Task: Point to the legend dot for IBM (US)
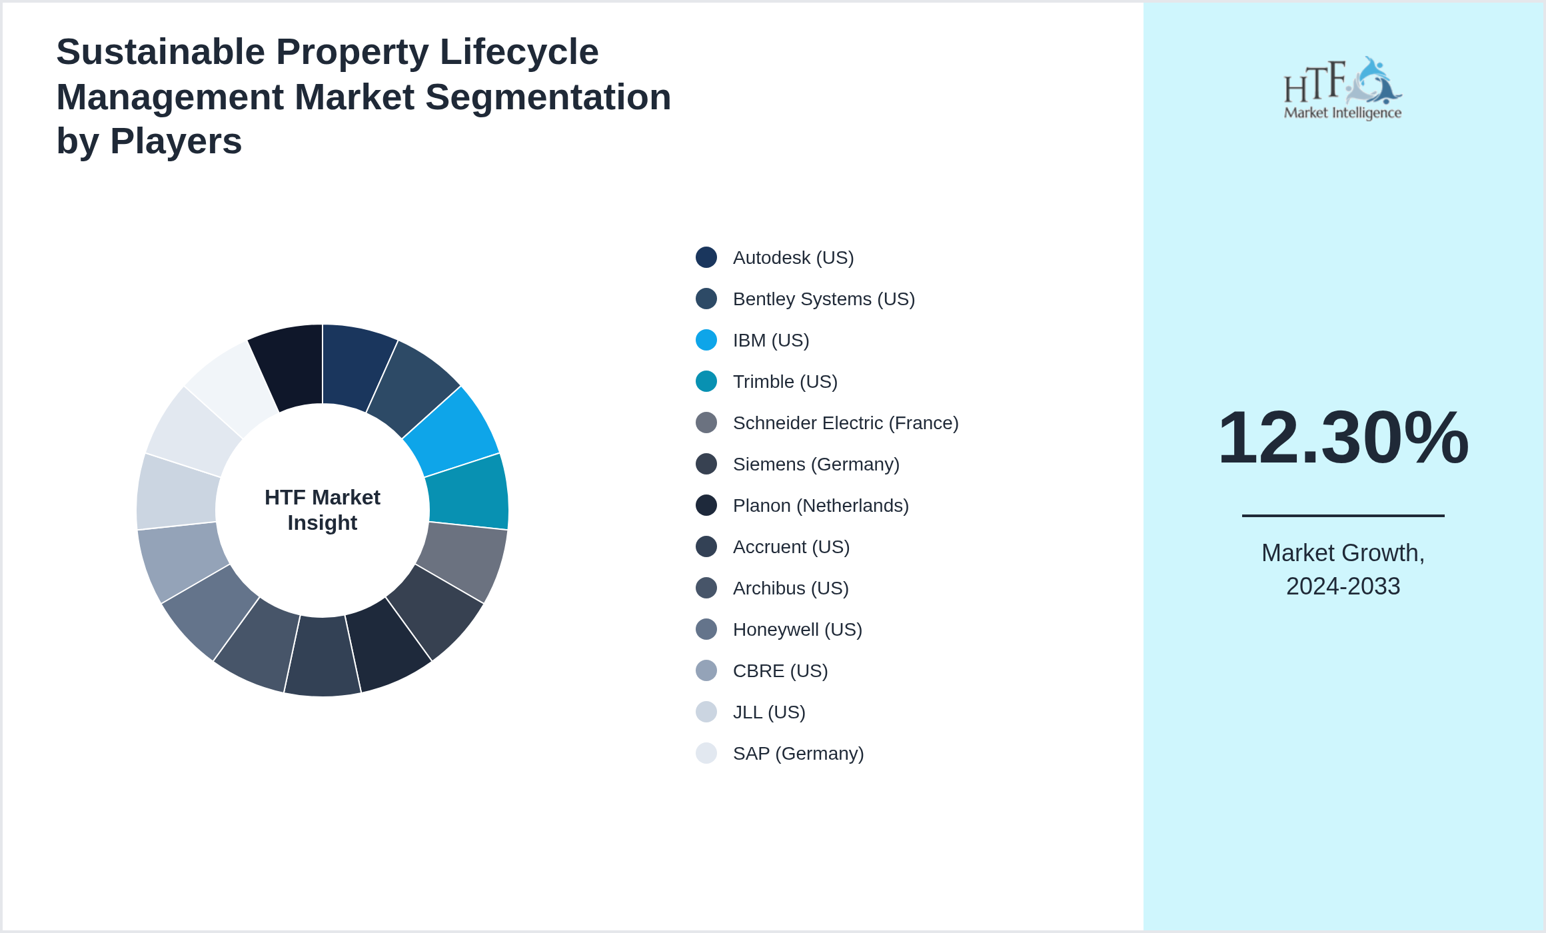pyautogui.click(x=706, y=340)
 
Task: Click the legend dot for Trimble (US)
pyautogui.click(x=706, y=381)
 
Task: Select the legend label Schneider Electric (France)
pyautogui.click(x=845, y=423)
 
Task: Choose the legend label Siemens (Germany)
pyautogui.click(x=816, y=465)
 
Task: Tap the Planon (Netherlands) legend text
pyautogui.click(x=820, y=506)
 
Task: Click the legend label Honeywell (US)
pyautogui.click(x=797, y=630)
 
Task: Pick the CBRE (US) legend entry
pyautogui.click(x=780, y=671)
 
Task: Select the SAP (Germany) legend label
pyautogui.click(x=798, y=754)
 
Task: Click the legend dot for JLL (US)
pyautogui.click(x=706, y=712)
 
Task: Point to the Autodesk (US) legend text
pyautogui.click(x=793, y=258)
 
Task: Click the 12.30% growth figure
pyautogui.click(x=1343, y=438)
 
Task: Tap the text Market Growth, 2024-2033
pyautogui.click(x=1343, y=569)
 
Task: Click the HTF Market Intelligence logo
pyautogui.click(x=1343, y=89)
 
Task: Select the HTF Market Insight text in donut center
pyautogui.click(x=323, y=510)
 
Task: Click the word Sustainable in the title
pyautogui.click(x=161, y=52)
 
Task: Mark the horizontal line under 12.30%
pyautogui.click(x=1343, y=515)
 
